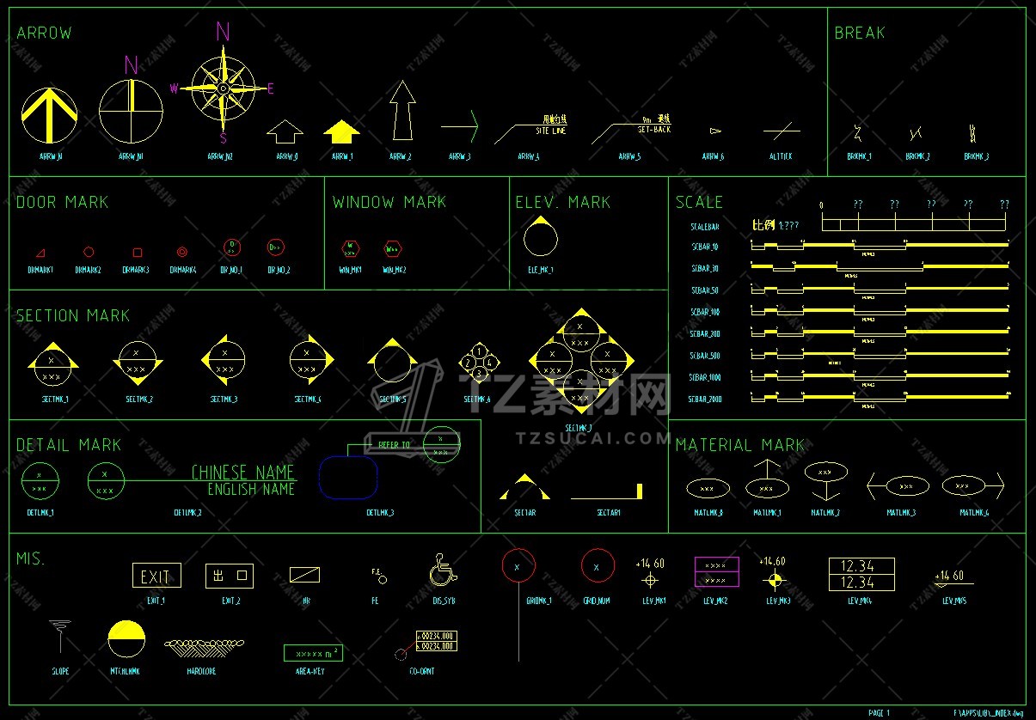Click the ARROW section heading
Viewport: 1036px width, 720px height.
click(44, 34)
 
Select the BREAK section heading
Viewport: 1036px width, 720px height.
click(859, 33)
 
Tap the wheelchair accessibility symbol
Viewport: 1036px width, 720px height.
click(444, 570)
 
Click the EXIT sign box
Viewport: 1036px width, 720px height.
click(156, 577)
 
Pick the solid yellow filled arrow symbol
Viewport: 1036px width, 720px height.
click(341, 132)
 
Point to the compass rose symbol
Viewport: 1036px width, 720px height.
click(223, 88)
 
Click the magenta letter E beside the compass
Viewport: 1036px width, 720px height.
click(271, 88)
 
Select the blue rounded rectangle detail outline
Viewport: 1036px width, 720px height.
click(348, 478)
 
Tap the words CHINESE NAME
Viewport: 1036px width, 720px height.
click(243, 473)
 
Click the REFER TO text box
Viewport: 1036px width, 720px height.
click(395, 445)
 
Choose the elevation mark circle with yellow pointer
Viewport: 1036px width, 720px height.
click(540, 238)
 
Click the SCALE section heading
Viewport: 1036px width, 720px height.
click(699, 202)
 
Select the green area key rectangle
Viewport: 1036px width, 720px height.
click(313, 653)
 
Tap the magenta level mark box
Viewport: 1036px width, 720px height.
click(716, 572)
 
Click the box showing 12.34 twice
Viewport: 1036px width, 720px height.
click(861, 574)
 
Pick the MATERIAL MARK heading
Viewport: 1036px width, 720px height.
click(739, 445)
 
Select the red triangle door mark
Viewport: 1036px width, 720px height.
click(40, 253)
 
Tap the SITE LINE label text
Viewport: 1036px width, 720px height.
click(551, 131)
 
